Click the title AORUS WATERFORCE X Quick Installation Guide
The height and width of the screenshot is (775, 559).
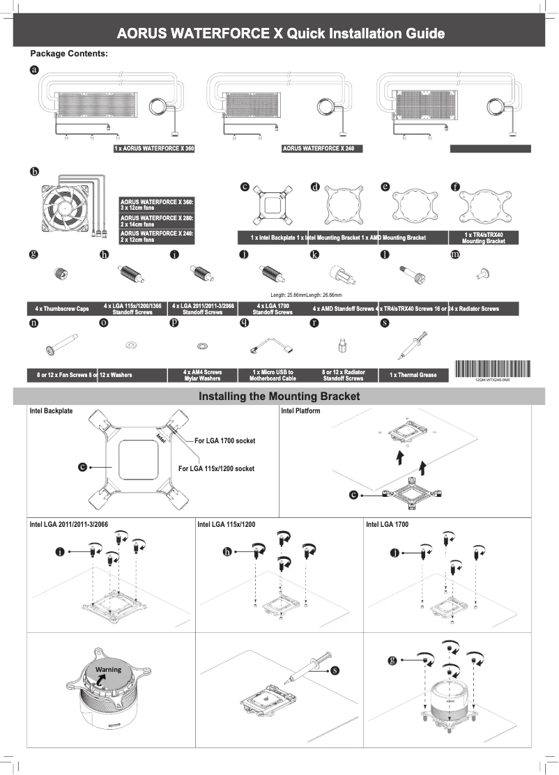[x=280, y=33]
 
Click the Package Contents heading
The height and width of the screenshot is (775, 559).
[x=68, y=54]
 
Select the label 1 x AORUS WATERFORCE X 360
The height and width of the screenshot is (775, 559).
[x=154, y=148]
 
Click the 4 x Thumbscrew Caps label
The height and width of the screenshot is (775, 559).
[x=62, y=308]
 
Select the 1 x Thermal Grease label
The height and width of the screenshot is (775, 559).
[x=413, y=375]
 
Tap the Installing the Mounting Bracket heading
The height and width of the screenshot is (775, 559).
[x=279, y=397]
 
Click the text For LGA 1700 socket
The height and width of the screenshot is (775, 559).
[x=224, y=441]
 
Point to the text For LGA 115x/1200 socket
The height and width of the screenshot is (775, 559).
[x=216, y=468]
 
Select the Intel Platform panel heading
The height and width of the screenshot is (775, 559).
[x=300, y=411]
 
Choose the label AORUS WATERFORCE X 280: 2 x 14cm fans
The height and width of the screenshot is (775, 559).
[x=157, y=221]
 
